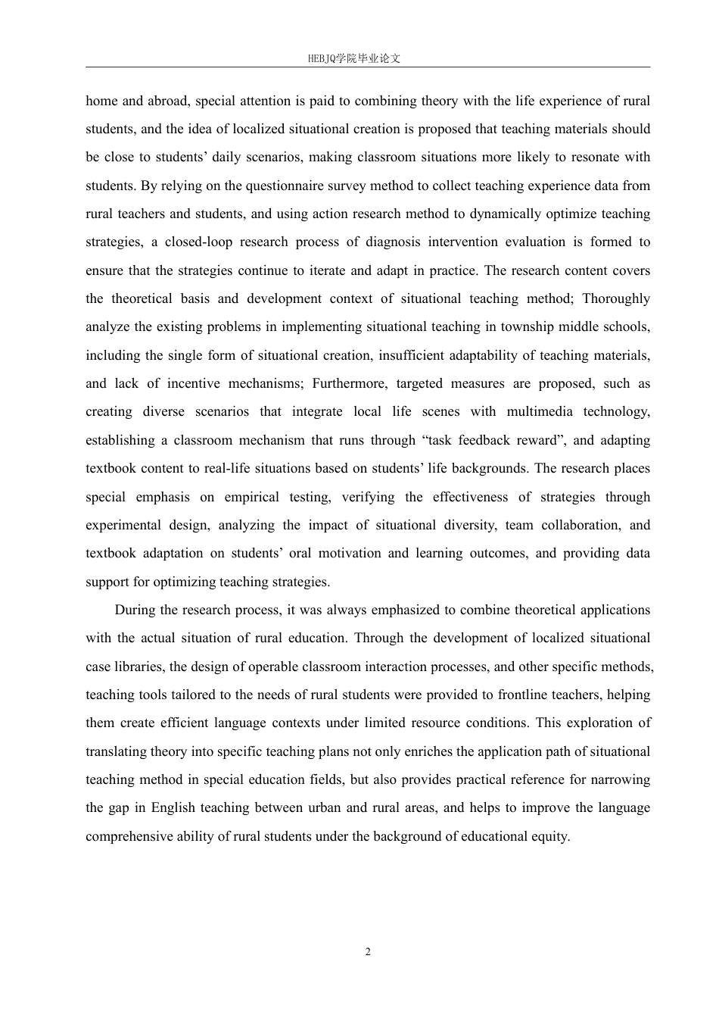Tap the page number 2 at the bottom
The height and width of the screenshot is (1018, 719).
368,952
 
